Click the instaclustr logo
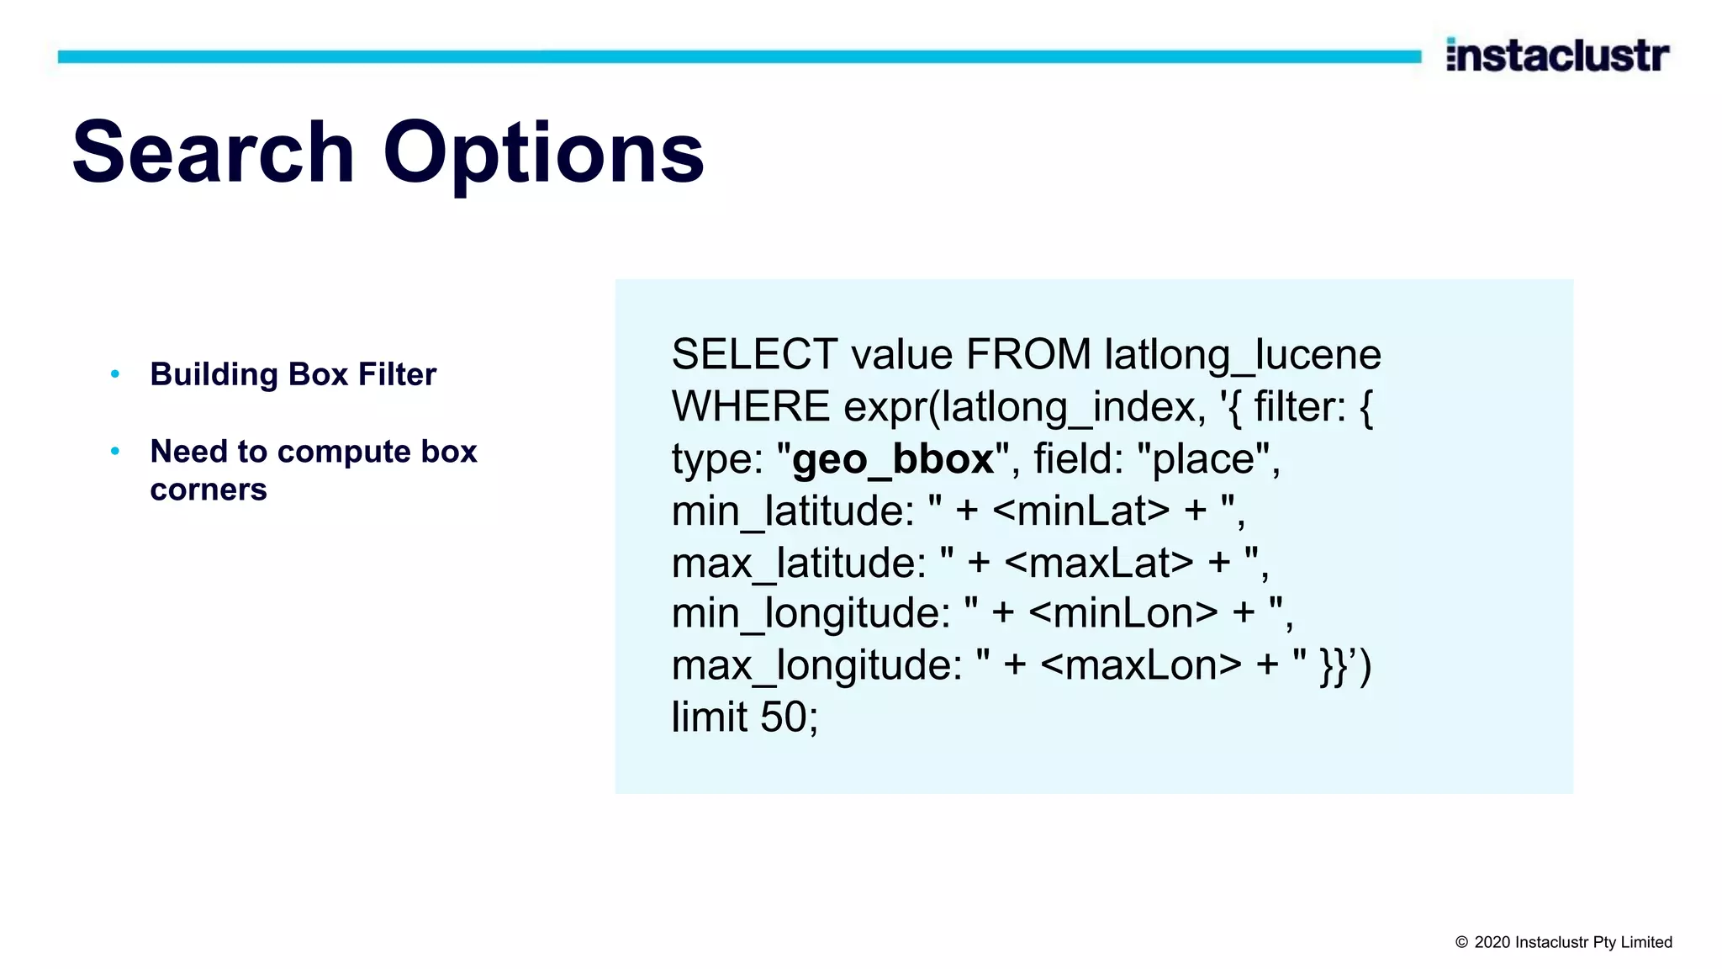[1557, 56]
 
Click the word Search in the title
[214, 152]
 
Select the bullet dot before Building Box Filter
[115, 373]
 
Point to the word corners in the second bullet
[209, 490]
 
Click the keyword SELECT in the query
[754, 354]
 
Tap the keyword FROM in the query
[1028, 354]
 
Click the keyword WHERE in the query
[751, 407]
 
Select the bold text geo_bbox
[893, 459]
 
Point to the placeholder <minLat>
[1080, 511]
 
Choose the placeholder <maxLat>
[1098, 563]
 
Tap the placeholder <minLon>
[1122, 613]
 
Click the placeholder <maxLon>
[1140, 665]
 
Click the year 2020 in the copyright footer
[1492, 942]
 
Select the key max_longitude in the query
[816, 666]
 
